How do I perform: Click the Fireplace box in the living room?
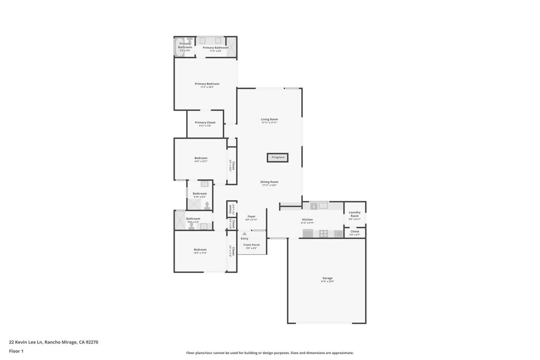click(x=277, y=157)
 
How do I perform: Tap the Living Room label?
click(x=269, y=119)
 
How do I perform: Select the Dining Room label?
click(x=269, y=182)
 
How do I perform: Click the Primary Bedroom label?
click(x=207, y=84)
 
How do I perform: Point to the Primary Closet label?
click(x=205, y=122)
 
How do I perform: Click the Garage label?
click(x=327, y=278)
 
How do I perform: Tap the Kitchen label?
click(x=307, y=219)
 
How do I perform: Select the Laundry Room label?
click(x=354, y=214)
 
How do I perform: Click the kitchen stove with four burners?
click(x=323, y=233)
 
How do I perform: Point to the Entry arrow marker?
click(x=244, y=233)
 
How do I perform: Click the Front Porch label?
click(x=252, y=245)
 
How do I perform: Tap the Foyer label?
click(x=252, y=216)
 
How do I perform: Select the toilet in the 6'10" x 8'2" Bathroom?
click(x=207, y=206)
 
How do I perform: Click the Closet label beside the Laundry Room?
click(x=355, y=231)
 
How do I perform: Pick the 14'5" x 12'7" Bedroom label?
click(x=200, y=158)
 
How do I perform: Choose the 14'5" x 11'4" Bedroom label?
click(x=200, y=249)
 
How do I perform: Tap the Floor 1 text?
click(x=16, y=351)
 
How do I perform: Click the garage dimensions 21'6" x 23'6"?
click(x=327, y=281)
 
